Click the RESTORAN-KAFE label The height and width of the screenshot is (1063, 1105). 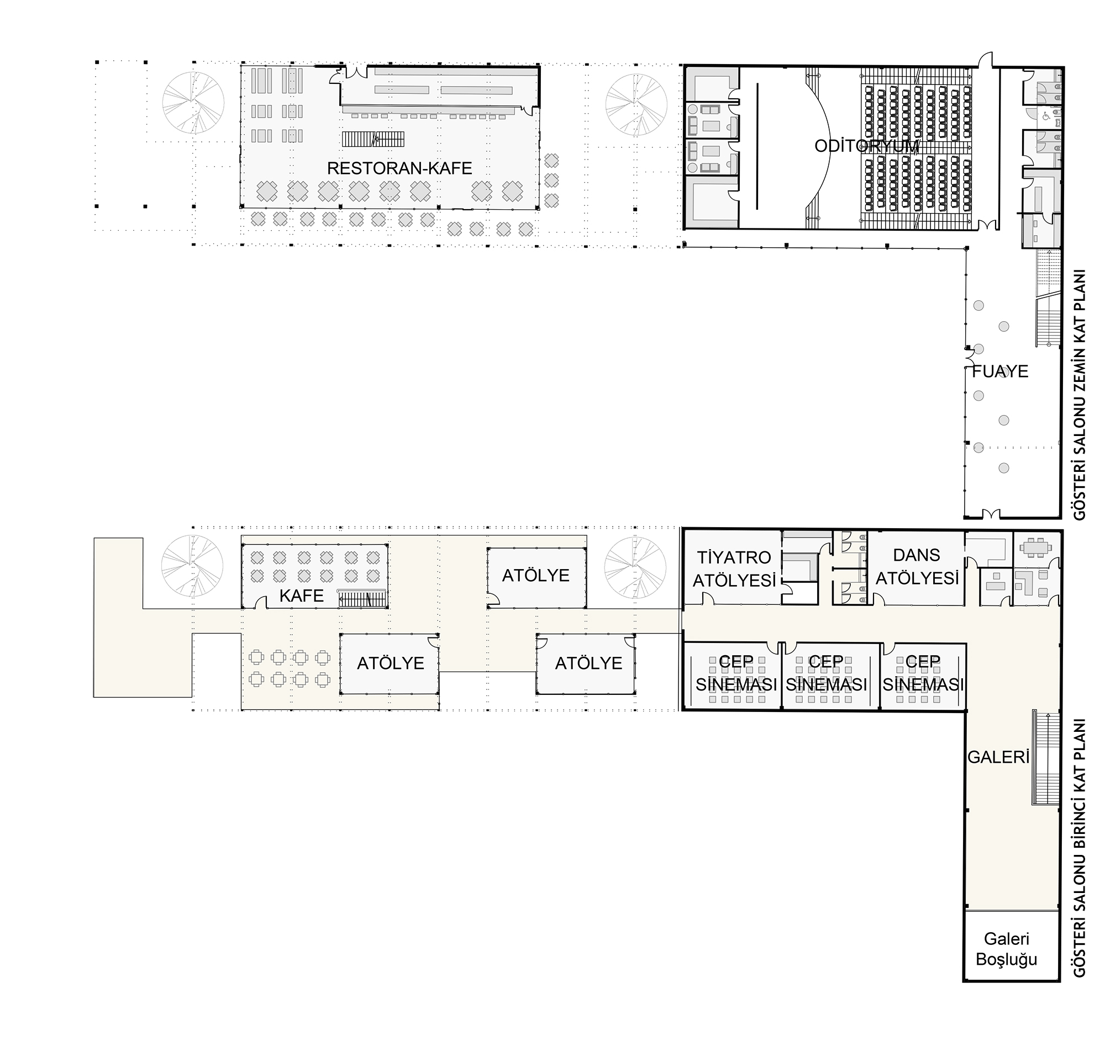[x=399, y=168]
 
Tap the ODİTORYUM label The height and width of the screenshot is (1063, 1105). [x=866, y=146]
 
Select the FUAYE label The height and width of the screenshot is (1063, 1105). [x=1000, y=371]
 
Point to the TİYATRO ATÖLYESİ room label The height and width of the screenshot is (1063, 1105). [x=734, y=569]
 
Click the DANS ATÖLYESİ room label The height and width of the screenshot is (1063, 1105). [x=917, y=567]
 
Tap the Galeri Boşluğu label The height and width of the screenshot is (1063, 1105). [x=1006, y=949]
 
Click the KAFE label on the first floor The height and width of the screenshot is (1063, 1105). [x=302, y=596]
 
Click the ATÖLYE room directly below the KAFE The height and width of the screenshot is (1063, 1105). [x=390, y=663]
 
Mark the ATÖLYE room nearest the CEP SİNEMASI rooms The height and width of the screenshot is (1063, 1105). [x=586, y=663]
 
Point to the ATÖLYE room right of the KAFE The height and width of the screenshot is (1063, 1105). [x=536, y=577]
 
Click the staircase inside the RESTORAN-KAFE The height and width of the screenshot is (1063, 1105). [x=372, y=139]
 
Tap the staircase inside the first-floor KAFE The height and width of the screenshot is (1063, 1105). [x=362, y=598]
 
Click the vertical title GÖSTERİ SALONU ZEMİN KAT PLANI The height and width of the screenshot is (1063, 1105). [x=1080, y=395]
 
